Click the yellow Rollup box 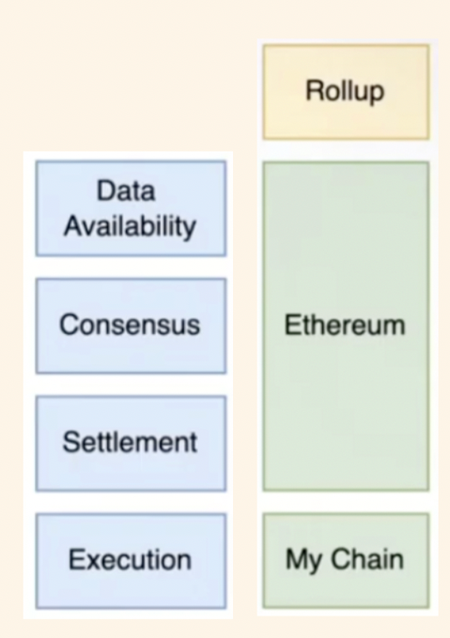point(346,92)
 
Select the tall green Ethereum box point(346,326)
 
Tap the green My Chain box point(346,561)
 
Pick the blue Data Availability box point(131,208)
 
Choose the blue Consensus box point(131,326)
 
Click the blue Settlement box point(131,444)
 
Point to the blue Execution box point(131,561)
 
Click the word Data point(126,190)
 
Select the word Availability point(130,226)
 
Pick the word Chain point(367,558)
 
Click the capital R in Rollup point(314,90)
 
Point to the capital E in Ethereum point(292,325)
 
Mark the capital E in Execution point(76,559)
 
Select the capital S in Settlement point(71,442)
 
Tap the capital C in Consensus point(70,325)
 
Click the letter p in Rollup point(377,94)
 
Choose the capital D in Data point(105,190)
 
